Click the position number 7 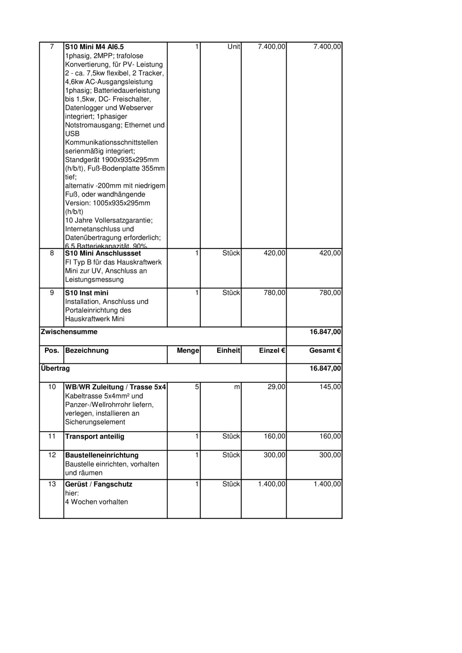click(52, 47)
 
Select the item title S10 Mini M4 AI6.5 click(94, 47)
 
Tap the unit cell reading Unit click(234, 47)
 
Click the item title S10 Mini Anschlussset click(103, 254)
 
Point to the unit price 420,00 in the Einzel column click(274, 254)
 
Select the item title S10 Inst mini click(86, 293)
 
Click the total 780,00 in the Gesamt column click(330, 293)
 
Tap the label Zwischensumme click(69, 332)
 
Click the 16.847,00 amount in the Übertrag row click(325, 369)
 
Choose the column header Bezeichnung click(87, 351)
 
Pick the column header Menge click(188, 351)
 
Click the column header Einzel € click(272, 351)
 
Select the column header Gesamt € click(325, 351)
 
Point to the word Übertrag click(55, 369)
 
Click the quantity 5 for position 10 click(197, 387)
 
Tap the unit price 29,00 click(276, 387)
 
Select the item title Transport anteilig click(95, 437)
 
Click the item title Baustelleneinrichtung click(102, 456)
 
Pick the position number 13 click(52, 484)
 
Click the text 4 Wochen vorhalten click(96, 502)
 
